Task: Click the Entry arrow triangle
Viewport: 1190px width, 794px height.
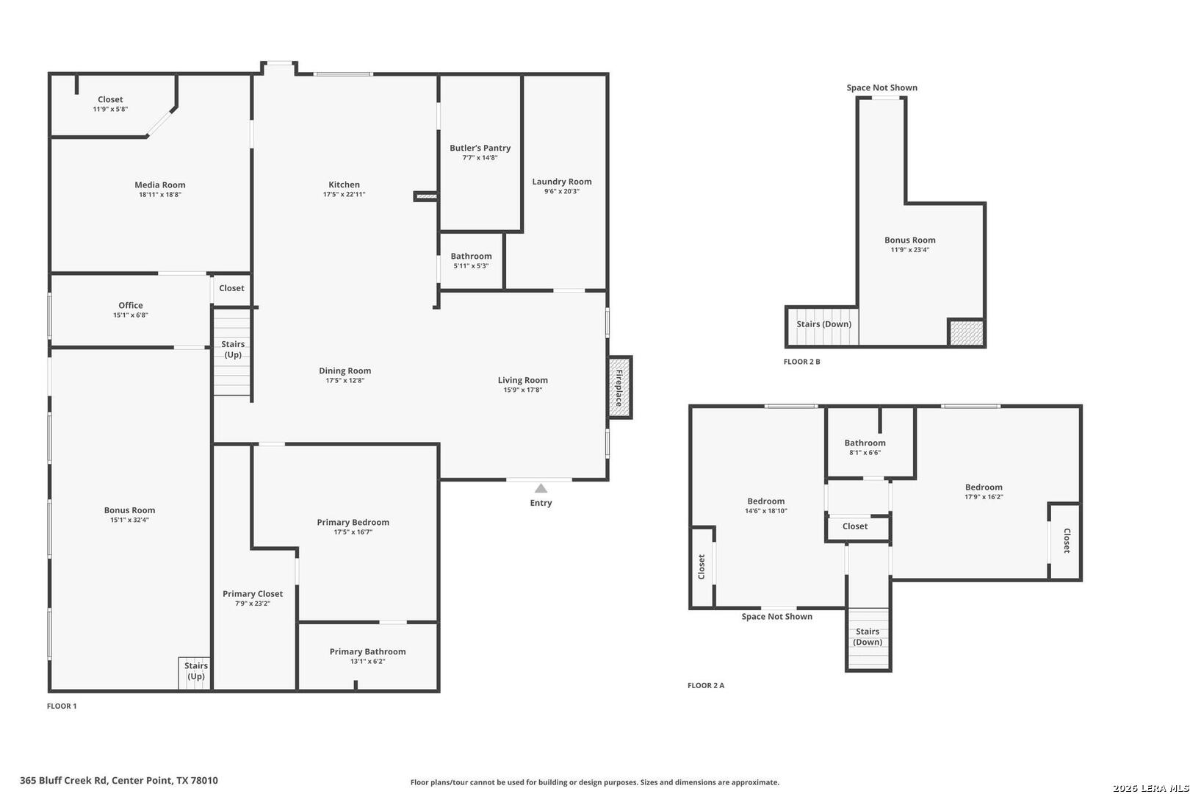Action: tap(541, 488)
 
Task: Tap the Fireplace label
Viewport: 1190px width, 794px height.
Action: tap(619, 387)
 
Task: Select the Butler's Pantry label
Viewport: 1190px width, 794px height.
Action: tap(480, 148)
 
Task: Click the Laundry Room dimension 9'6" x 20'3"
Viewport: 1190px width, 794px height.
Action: tap(561, 191)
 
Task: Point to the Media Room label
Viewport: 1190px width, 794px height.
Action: tap(160, 185)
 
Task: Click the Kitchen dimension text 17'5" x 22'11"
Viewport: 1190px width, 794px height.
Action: tap(345, 195)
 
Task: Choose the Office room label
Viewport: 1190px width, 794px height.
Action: tap(131, 305)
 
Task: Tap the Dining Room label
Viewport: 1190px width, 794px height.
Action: tap(345, 371)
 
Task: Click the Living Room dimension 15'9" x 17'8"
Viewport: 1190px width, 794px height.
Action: tap(523, 390)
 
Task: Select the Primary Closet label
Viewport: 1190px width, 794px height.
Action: tap(253, 593)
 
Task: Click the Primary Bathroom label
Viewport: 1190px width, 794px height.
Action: tap(367, 651)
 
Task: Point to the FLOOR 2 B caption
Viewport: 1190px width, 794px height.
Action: tap(801, 362)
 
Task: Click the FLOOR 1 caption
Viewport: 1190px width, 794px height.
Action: tap(62, 707)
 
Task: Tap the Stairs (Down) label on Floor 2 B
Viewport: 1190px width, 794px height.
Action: tap(824, 324)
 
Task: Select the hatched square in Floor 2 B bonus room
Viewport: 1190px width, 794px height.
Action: tap(967, 333)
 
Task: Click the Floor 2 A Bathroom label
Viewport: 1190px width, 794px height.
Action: tap(865, 443)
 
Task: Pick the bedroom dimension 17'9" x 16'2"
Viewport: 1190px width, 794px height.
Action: tap(984, 497)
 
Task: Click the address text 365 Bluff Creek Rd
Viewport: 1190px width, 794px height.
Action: tap(64, 781)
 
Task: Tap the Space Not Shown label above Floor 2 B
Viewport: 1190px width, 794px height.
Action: tap(882, 87)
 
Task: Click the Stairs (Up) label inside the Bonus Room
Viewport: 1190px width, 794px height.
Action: tap(196, 671)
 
